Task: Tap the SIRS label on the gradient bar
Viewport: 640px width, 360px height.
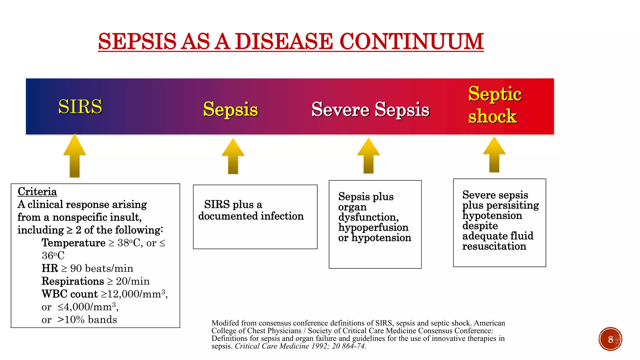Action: (x=80, y=107)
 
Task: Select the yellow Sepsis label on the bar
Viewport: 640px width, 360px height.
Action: (x=230, y=109)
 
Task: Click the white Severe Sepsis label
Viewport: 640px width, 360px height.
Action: (x=370, y=109)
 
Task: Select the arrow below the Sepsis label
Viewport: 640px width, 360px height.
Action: (x=233, y=156)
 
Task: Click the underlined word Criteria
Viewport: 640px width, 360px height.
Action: (x=37, y=192)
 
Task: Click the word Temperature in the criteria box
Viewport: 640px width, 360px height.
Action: (x=73, y=243)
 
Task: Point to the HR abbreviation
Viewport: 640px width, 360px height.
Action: (x=50, y=268)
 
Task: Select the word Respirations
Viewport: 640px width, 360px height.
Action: (x=73, y=281)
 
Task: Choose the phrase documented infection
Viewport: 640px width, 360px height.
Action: (x=251, y=216)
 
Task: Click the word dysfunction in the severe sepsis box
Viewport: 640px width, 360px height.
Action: (x=368, y=217)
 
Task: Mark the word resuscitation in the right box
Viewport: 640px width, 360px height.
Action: (x=494, y=246)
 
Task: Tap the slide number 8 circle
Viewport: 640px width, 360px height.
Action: (x=610, y=339)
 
